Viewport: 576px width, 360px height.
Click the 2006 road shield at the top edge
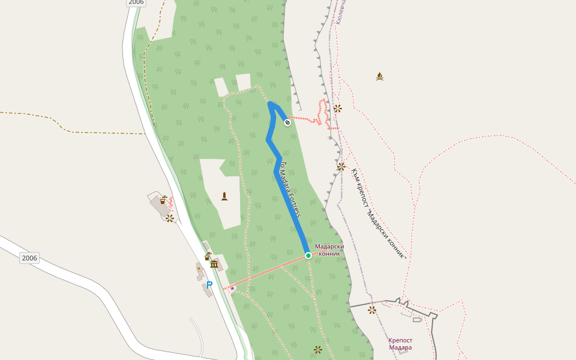(x=136, y=2)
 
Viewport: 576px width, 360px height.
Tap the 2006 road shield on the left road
(x=29, y=258)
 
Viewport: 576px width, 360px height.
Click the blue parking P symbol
(x=209, y=285)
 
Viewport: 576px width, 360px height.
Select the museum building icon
(x=214, y=264)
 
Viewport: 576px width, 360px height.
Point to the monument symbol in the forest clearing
(x=224, y=196)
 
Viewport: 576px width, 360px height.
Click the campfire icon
(x=379, y=76)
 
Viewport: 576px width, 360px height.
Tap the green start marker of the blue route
(x=308, y=256)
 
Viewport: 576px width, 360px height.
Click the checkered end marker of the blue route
(x=287, y=122)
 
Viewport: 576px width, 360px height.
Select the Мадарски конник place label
(x=329, y=250)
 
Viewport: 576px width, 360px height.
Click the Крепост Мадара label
(x=400, y=344)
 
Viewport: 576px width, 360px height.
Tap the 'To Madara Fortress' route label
(x=290, y=189)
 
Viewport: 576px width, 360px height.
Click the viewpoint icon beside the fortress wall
(x=372, y=310)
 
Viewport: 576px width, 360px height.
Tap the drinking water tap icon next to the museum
(x=208, y=256)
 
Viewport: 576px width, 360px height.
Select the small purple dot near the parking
(x=232, y=288)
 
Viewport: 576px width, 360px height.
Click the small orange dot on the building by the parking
(x=199, y=269)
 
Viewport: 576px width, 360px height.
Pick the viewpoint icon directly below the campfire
(x=338, y=109)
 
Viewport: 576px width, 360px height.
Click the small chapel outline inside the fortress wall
(x=416, y=320)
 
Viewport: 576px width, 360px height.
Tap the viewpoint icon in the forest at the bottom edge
(x=318, y=349)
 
